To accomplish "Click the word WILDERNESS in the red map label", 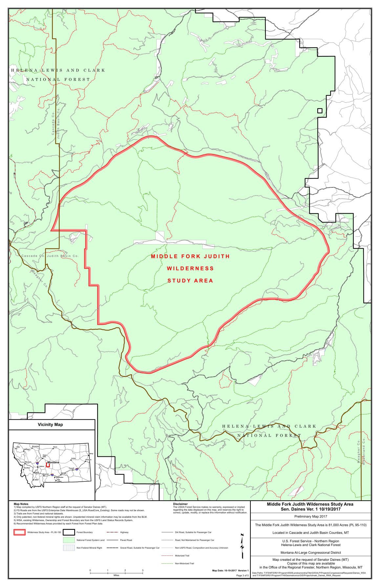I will tap(190, 268).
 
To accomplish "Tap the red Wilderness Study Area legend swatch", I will tap(19, 532).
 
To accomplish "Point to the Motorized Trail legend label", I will tap(183, 556).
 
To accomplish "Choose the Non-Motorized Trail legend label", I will tap(184, 563).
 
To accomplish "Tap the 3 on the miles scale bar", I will tap(142, 570).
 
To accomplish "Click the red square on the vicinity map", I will tap(48, 465).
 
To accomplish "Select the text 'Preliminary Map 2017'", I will tap(310, 517).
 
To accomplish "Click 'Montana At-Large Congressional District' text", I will tap(310, 552).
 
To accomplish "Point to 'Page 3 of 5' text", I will tap(243, 584).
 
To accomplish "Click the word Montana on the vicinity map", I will tap(53, 462).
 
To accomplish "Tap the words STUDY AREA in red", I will tap(190, 281).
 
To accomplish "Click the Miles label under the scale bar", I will tap(116, 575).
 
